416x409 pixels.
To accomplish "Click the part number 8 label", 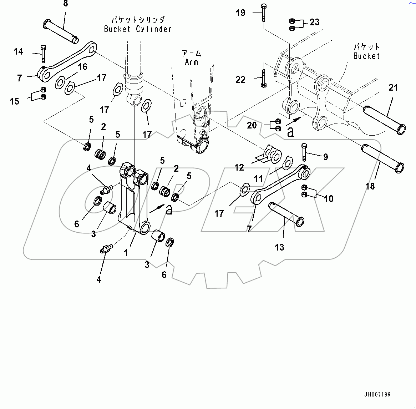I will tap(65, 4).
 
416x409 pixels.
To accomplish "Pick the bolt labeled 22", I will tap(263, 79).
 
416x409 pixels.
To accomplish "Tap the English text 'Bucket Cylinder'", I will tap(138, 29).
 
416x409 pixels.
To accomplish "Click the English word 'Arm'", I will tap(192, 62).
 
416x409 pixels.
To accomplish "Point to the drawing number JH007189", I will tap(377, 394).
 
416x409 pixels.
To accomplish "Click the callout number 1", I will tap(126, 253).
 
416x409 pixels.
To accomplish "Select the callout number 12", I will tap(239, 167).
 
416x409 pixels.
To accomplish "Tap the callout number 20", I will tap(252, 125).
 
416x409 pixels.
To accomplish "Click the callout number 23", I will tap(314, 22).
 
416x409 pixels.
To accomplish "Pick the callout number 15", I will tap(14, 101).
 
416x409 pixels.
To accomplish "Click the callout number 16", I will tap(82, 67).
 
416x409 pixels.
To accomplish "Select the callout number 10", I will tap(328, 198).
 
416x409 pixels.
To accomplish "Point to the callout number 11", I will tap(258, 178).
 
